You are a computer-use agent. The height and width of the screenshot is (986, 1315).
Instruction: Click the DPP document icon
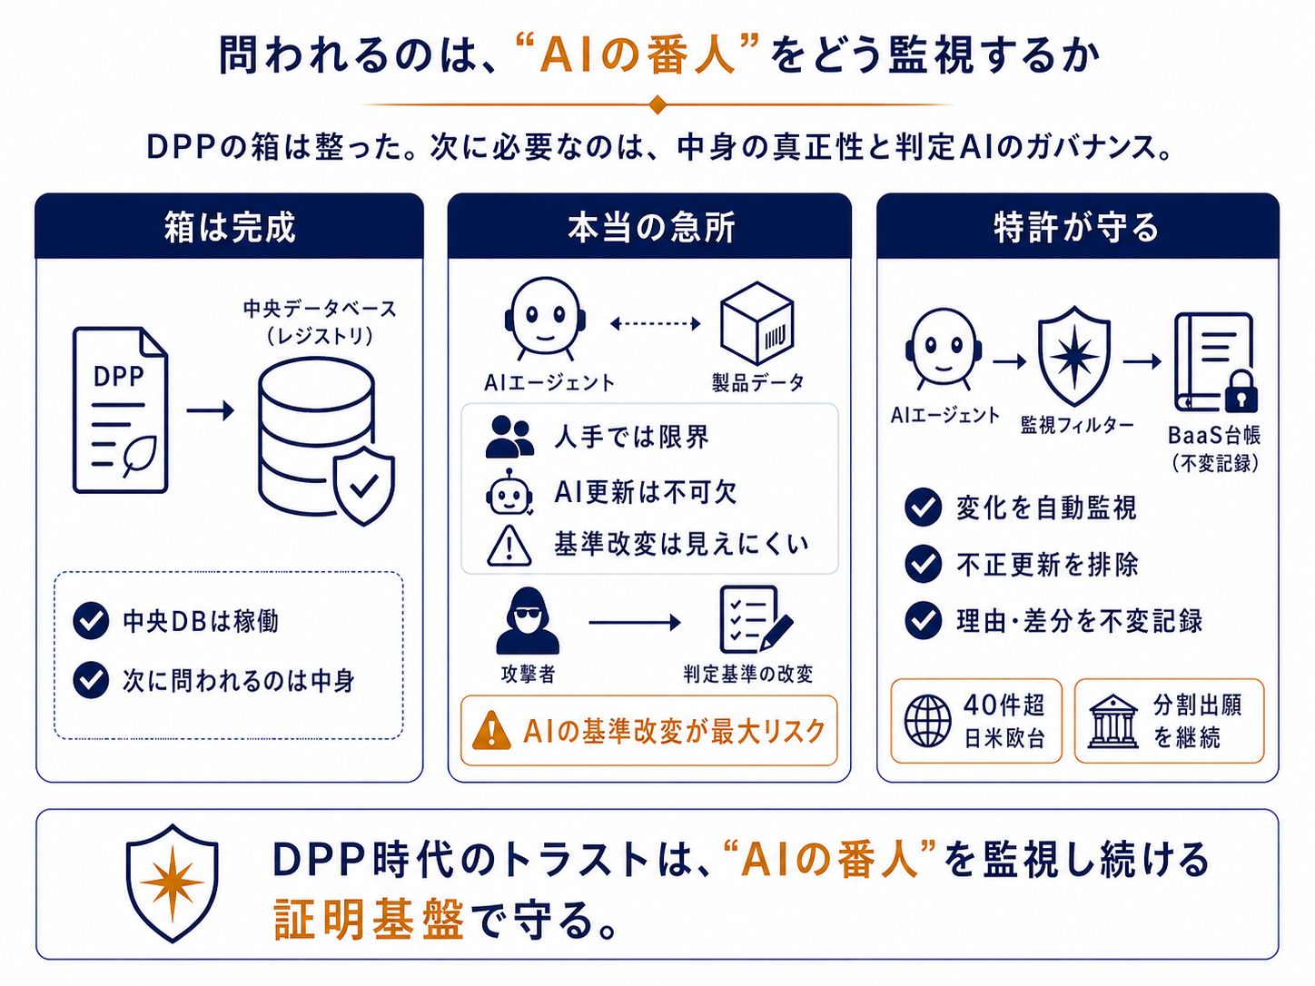coord(120,410)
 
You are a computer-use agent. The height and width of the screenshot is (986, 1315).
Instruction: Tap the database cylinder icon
coord(318,437)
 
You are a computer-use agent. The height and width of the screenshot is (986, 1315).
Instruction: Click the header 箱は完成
coord(230,228)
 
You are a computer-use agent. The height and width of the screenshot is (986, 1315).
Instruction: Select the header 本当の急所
coord(650,228)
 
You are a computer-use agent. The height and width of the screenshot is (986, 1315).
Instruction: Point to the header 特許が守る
coord(1076,228)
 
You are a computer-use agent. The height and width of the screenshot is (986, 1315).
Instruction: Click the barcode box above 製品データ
coord(757,323)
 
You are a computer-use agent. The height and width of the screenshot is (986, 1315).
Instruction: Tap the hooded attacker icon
coord(528,620)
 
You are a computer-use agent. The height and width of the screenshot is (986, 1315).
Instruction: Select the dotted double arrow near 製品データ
coord(655,324)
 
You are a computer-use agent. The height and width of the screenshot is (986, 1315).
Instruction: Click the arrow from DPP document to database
coord(211,410)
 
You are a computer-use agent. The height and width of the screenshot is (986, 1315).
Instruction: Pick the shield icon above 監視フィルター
coord(1074,356)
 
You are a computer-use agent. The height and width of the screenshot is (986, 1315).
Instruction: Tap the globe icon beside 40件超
coord(927,721)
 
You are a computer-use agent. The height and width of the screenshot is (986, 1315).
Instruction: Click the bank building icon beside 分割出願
coord(1112,722)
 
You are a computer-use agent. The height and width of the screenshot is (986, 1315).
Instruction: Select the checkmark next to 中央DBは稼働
coord(91,621)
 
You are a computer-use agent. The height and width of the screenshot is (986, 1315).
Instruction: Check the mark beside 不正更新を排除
coord(924,564)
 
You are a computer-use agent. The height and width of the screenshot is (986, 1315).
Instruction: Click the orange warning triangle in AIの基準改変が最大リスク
coord(491,730)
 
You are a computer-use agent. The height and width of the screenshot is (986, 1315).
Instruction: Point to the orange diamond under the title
coord(657,104)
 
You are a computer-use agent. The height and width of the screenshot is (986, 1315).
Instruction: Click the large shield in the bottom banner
coord(173,883)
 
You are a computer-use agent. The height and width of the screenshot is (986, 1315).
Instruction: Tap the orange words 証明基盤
coord(369,920)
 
